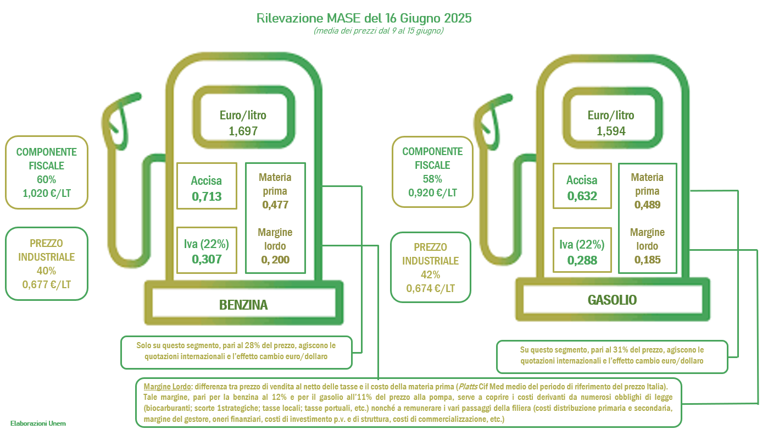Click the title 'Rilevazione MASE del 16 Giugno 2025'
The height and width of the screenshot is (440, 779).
[x=364, y=18]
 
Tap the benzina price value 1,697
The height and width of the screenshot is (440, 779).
[x=243, y=131]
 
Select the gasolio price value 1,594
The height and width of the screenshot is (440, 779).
[x=611, y=131]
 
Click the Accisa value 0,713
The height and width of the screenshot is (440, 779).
[x=207, y=197]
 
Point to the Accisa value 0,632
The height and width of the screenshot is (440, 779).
[x=582, y=196]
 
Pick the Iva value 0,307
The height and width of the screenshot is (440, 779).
[x=207, y=260]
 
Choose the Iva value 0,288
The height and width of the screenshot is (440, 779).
[x=582, y=260]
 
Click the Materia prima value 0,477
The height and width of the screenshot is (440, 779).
[x=275, y=205]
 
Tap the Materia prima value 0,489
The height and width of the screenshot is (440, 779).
[x=647, y=205]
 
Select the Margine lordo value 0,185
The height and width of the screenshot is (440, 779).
[x=647, y=260]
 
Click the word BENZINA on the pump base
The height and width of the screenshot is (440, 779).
[x=243, y=305]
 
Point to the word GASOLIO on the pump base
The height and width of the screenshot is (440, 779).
[x=612, y=300]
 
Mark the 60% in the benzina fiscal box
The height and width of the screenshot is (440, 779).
[x=46, y=180]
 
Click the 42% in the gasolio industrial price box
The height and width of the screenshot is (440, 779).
[x=431, y=275]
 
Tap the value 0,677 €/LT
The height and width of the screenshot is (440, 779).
[x=46, y=285]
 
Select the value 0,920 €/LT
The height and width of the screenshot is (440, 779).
[x=432, y=193]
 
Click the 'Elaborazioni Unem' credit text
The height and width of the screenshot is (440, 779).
[x=38, y=424]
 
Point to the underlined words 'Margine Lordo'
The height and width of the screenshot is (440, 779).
[x=167, y=387]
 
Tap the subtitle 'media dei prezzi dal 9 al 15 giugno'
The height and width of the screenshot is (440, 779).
[x=379, y=31]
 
